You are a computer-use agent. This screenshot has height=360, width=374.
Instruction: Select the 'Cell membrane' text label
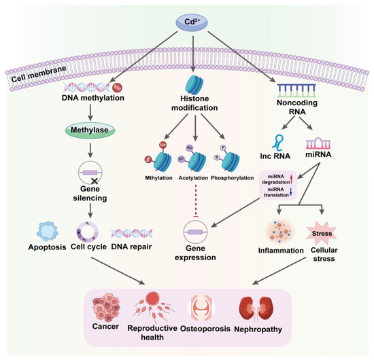35,75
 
